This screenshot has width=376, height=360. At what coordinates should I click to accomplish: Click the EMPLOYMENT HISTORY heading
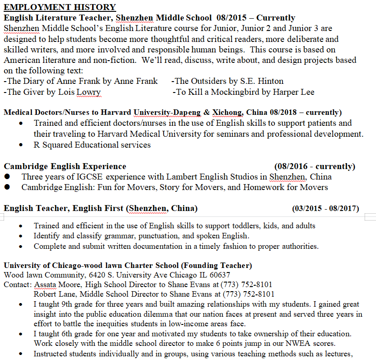click(x=60, y=7)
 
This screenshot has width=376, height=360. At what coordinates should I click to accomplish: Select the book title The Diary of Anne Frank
click(x=51, y=81)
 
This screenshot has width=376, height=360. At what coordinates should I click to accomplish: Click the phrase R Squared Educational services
click(x=92, y=145)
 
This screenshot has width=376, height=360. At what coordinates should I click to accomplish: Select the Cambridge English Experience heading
click(x=65, y=166)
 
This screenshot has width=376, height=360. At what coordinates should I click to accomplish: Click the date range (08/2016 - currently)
click(x=314, y=166)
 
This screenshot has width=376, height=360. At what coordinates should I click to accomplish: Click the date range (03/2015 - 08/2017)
click(x=325, y=209)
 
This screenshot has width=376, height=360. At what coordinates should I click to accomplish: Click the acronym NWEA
click(x=302, y=343)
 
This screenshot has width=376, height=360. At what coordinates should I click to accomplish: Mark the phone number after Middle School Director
click(x=247, y=294)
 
